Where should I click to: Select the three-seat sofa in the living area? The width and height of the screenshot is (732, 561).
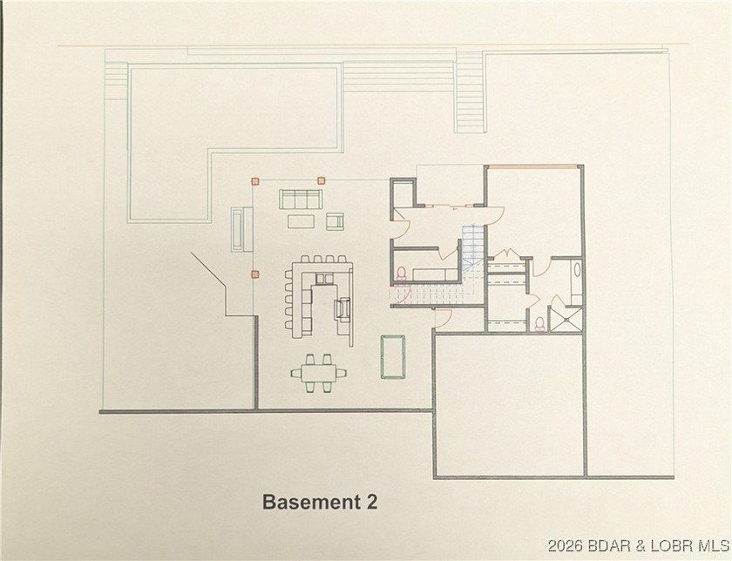(x=300, y=199)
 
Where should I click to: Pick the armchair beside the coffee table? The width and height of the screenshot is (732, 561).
(x=336, y=221)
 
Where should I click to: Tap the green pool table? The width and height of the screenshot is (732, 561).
(x=395, y=357)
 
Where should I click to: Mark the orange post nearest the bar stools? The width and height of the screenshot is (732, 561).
(x=255, y=274)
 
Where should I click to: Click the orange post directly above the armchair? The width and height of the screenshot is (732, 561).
(x=321, y=180)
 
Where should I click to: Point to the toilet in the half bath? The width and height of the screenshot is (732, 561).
(x=402, y=274)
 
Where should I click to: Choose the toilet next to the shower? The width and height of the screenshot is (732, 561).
(x=540, y=323)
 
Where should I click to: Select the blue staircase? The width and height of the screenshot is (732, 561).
(x=471, y=253)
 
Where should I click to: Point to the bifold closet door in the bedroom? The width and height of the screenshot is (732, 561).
(x=508, y=254)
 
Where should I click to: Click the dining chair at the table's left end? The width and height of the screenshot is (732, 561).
(x=295, y=373)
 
